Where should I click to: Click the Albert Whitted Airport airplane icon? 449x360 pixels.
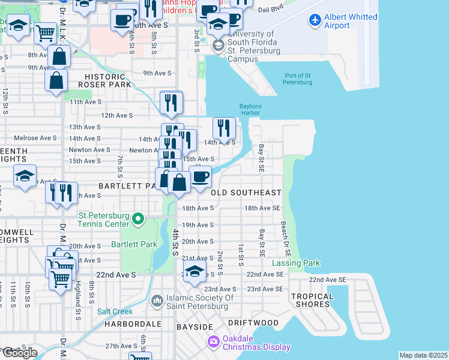click(x=315, y=19)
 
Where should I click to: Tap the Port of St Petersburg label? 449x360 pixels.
click(x=298, y=79)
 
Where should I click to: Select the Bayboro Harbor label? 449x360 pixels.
click(x=250, y=109)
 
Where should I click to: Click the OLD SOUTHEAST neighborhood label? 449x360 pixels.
click(x=247, y=193)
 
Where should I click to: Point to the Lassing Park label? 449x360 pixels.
click(x=296, y=263)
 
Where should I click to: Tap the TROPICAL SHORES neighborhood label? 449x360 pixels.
click(x=312, y=300)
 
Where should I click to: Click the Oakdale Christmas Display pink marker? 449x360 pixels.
click(x=212, y=342)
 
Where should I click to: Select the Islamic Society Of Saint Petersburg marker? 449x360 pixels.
click(x=157, y=299)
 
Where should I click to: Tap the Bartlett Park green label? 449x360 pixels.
click(x=134, y=244)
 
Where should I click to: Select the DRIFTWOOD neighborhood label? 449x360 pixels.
click(x=253, y=323)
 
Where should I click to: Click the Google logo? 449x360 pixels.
click(x=19, y=353)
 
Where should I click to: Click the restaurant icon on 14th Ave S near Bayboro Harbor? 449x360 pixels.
click(x=224, y=127)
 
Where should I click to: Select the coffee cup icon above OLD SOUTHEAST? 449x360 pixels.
click(x=200, y=176)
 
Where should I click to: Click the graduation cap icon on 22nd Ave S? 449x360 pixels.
click(x=194, y=271)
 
